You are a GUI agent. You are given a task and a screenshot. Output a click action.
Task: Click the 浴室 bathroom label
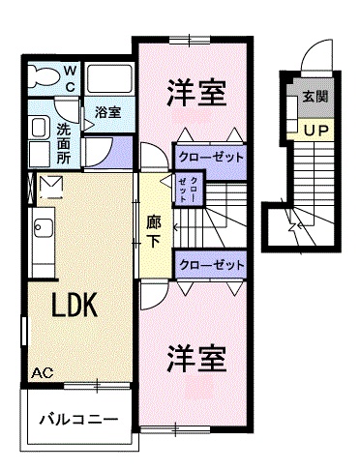(108, 113)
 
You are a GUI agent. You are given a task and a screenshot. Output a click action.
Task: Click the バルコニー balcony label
(78, 421)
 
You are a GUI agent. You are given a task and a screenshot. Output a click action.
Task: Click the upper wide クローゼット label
(209, 156)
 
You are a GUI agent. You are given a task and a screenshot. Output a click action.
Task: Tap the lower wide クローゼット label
(209, 262)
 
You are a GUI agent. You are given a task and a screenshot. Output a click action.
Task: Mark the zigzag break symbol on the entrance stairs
(292, 229)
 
